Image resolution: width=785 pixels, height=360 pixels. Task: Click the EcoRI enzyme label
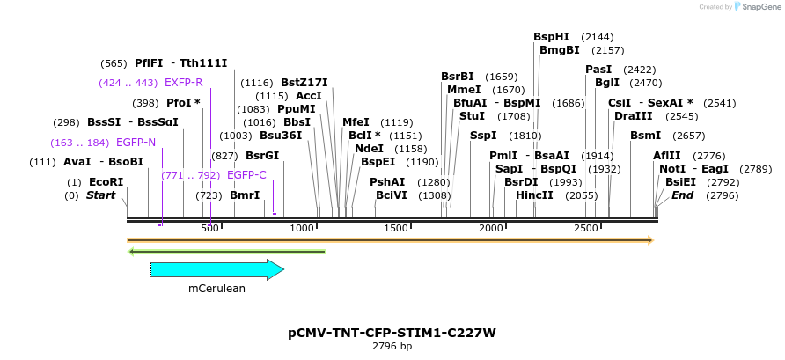click(106, 182)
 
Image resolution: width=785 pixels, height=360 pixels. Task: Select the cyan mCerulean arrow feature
click(216, 270)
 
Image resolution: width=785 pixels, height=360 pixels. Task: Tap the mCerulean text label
click(216, 288)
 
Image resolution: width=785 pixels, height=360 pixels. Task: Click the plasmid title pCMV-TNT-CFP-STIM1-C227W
click(392, 333)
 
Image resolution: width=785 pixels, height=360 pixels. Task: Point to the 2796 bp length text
click(392, 347)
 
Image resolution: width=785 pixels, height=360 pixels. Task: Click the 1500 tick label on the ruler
click(396, 229)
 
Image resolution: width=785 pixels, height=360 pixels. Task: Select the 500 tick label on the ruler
click(209, 229)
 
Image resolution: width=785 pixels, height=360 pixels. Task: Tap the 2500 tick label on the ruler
click(586, 229)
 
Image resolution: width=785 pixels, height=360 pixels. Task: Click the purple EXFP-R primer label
click(184, 83)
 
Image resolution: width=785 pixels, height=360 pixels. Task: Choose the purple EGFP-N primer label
click(135, 142)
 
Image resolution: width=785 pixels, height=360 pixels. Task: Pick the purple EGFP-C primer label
click(246, 175)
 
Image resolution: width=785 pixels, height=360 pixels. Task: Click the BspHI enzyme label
click(552, 37)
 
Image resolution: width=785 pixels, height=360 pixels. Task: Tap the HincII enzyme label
click(534, 195)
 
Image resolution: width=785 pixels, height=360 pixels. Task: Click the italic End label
click(682, 195)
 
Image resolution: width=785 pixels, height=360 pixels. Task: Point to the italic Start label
click(100, 195)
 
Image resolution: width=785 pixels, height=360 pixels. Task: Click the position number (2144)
click(598, 37)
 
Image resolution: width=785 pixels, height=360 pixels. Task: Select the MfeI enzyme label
click(356, 122)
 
